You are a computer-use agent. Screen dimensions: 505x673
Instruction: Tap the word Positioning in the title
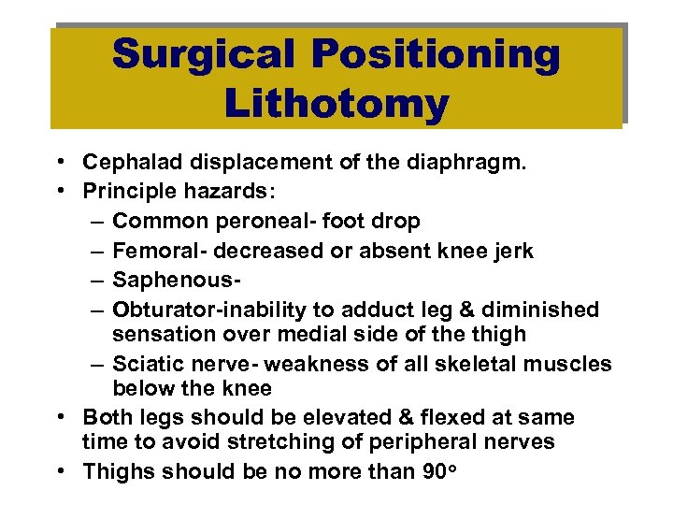(437, 55)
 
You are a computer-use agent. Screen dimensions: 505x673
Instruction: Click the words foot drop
(380, 221)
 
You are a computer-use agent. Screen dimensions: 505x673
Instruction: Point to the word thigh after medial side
(502, 334)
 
